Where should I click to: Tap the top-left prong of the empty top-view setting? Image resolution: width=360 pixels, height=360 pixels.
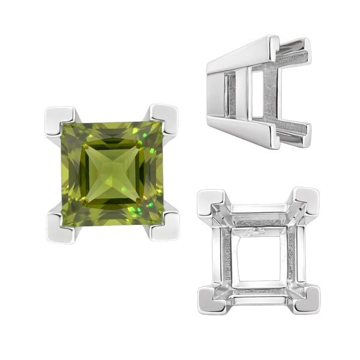211,203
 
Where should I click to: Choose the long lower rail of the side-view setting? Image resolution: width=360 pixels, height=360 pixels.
264,138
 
